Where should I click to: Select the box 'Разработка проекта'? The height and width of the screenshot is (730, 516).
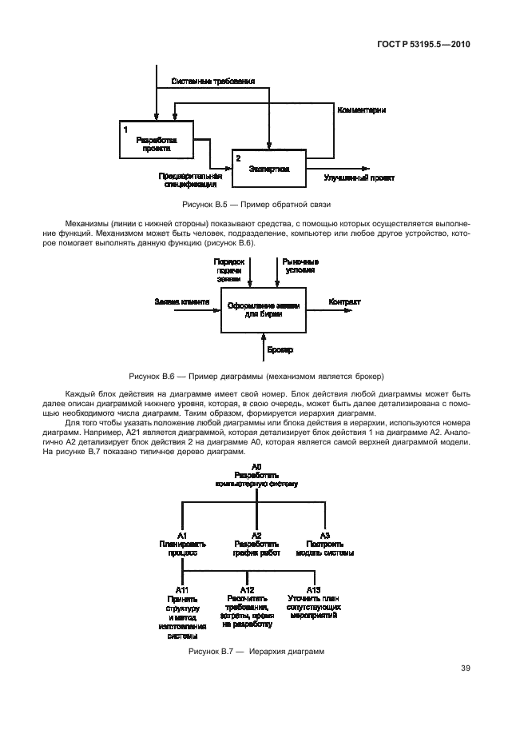point(157,142)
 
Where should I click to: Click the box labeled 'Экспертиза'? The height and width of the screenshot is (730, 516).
point(269,169)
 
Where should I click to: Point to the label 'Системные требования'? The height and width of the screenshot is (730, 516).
point(212,82)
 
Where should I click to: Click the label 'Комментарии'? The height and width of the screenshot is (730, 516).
point(361,109)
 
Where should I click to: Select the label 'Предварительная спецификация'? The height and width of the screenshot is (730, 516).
point(189,179)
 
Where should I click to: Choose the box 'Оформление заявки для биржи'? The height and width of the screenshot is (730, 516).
point(264,309)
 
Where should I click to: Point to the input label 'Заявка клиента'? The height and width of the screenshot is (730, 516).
point(182,301)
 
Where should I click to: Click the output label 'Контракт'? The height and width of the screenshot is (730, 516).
point(344,301)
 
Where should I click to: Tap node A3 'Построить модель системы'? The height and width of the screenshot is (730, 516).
point(324,543)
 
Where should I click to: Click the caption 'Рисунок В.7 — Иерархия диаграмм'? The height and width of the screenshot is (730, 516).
point(256,652)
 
